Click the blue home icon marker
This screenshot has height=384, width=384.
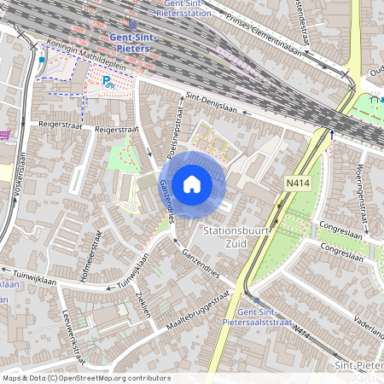point(192,183)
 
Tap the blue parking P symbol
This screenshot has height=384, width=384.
point(108,81)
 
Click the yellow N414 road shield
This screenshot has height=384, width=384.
point(298,182)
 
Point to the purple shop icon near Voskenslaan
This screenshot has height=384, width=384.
point(5,134)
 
